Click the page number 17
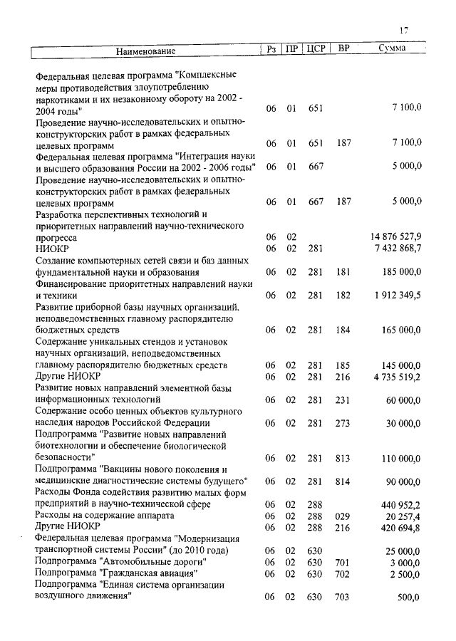(403, 30)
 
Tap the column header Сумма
(393, 50)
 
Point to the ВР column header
(343, 50)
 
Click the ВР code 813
(343, 458)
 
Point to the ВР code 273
(343, 423)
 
